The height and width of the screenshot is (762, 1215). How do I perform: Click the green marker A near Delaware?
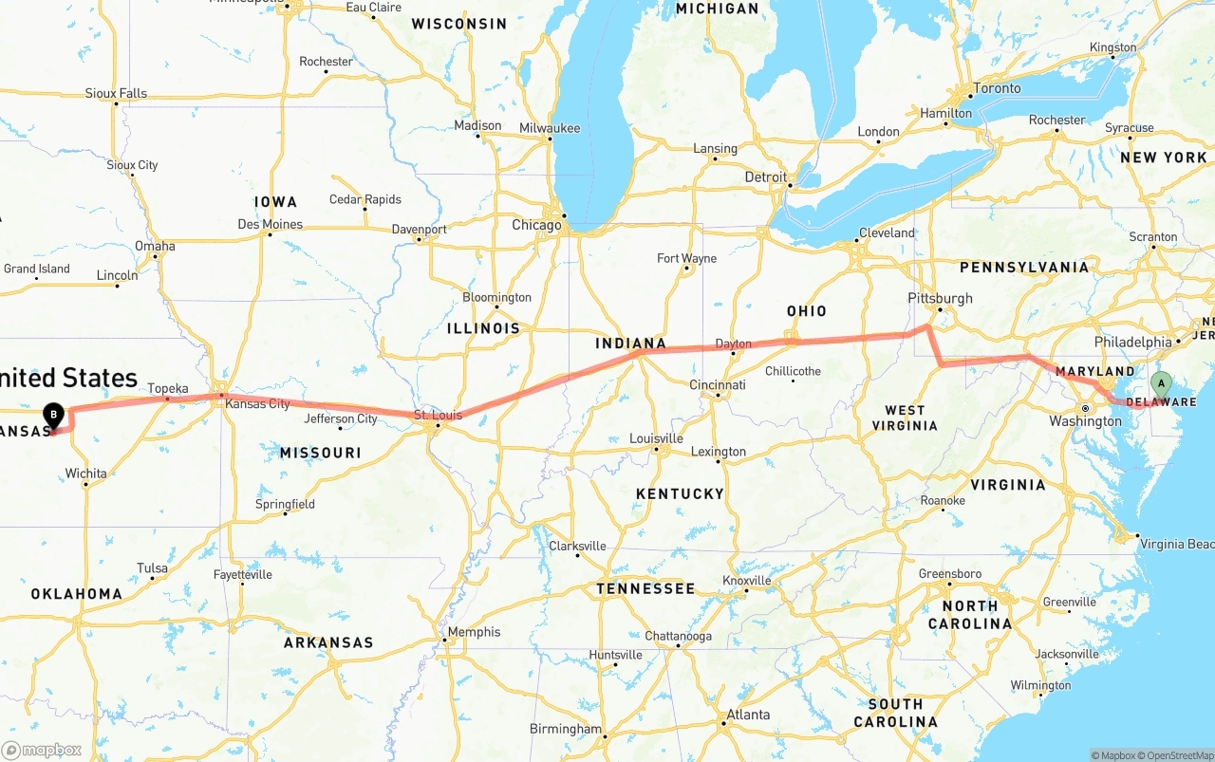[x=1160, y=384]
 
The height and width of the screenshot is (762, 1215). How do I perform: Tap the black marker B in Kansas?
[x=54, y=415]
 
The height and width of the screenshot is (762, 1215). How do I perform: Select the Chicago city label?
[x=536, y=225]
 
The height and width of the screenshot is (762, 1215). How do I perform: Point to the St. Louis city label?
[x=438, y=415]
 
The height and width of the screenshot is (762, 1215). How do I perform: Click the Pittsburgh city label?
[x=940, y=297]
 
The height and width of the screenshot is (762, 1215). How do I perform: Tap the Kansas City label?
[x=257, y=403]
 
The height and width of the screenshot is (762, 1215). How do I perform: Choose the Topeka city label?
[x=168, y=388]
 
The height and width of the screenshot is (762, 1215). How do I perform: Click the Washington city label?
[x=1085, y=420]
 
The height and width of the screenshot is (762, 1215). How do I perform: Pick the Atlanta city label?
[x=748, y=715]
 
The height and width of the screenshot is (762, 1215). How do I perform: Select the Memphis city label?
[x=474, y=632]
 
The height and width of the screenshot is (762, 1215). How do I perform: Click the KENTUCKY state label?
[x=680, y=493]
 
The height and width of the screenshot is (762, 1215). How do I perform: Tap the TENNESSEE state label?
[x=645, y=588]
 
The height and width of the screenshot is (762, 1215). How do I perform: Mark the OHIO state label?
[x=807, y=311]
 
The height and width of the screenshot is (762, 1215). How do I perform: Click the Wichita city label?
[x=85, y=473]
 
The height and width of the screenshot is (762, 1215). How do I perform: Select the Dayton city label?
[x=733, y=344]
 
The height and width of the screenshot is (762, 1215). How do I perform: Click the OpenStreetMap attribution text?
[x=1177, y=755]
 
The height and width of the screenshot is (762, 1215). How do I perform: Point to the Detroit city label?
[x=765, y=177]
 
